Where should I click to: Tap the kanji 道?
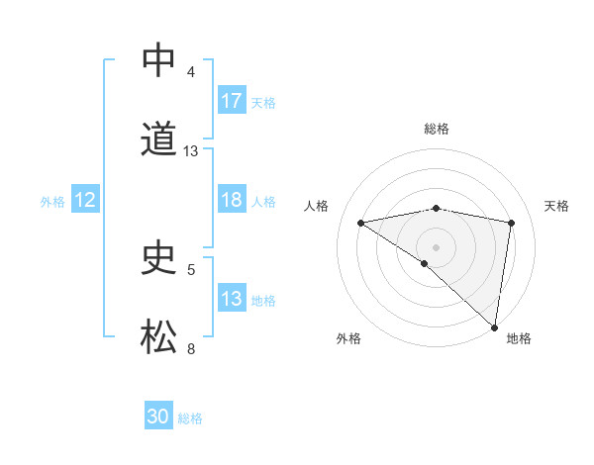[158, 139]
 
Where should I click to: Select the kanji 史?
[158, 258]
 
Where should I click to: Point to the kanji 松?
[158, 337]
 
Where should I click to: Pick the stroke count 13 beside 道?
[191, 151]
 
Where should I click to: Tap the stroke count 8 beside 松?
[191, 348]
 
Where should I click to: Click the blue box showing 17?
[232, 101]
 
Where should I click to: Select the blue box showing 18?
[232, 200]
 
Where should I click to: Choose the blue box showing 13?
[232, 299]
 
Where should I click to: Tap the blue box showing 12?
[85, 200]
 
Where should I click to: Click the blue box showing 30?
[158, 417]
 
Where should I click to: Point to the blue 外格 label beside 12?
[52, 201]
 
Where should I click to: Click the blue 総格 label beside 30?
[190, 418]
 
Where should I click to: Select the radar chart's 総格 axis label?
[437, 129]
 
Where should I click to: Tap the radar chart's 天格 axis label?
[557, 206]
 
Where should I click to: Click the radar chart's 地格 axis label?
[519, 338]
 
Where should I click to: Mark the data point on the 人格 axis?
[361, 223]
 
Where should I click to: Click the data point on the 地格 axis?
[495, 326]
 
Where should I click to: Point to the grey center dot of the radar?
[437, 246]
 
